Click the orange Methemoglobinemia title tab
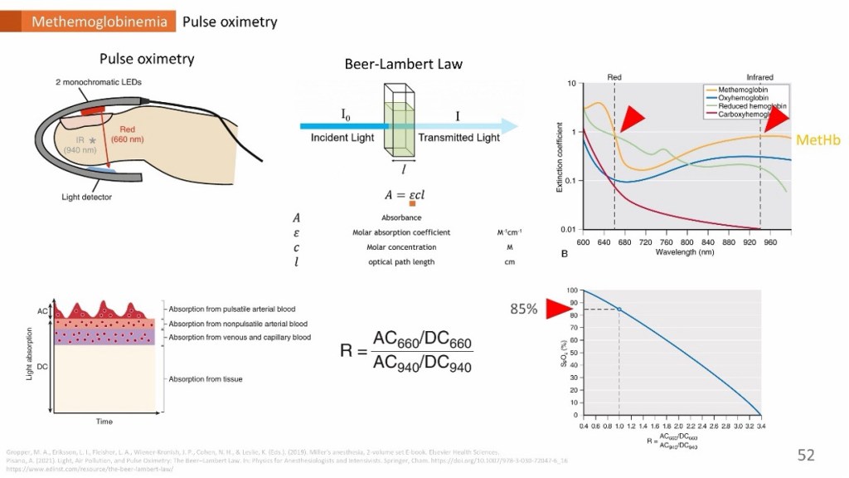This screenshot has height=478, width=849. [x=93, y=22]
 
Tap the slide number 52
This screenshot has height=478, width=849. [x=806, y=455]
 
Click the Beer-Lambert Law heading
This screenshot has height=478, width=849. [x=403, y=64]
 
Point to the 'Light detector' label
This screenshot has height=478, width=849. [x=86, y=198]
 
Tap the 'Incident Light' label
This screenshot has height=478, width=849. [x=342, y=138]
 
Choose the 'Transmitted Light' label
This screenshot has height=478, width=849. [x=458, y=138]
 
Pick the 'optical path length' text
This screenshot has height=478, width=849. [x=401, y=261]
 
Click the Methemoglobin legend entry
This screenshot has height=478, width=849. [x=744, y=89]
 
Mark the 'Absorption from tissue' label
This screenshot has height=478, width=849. [x=205, y=379]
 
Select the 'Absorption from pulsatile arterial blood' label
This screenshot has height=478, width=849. [x=231, y=309]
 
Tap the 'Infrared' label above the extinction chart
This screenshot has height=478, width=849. [x=759, y=77]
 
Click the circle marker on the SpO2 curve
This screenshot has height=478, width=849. [x=619, y=310]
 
